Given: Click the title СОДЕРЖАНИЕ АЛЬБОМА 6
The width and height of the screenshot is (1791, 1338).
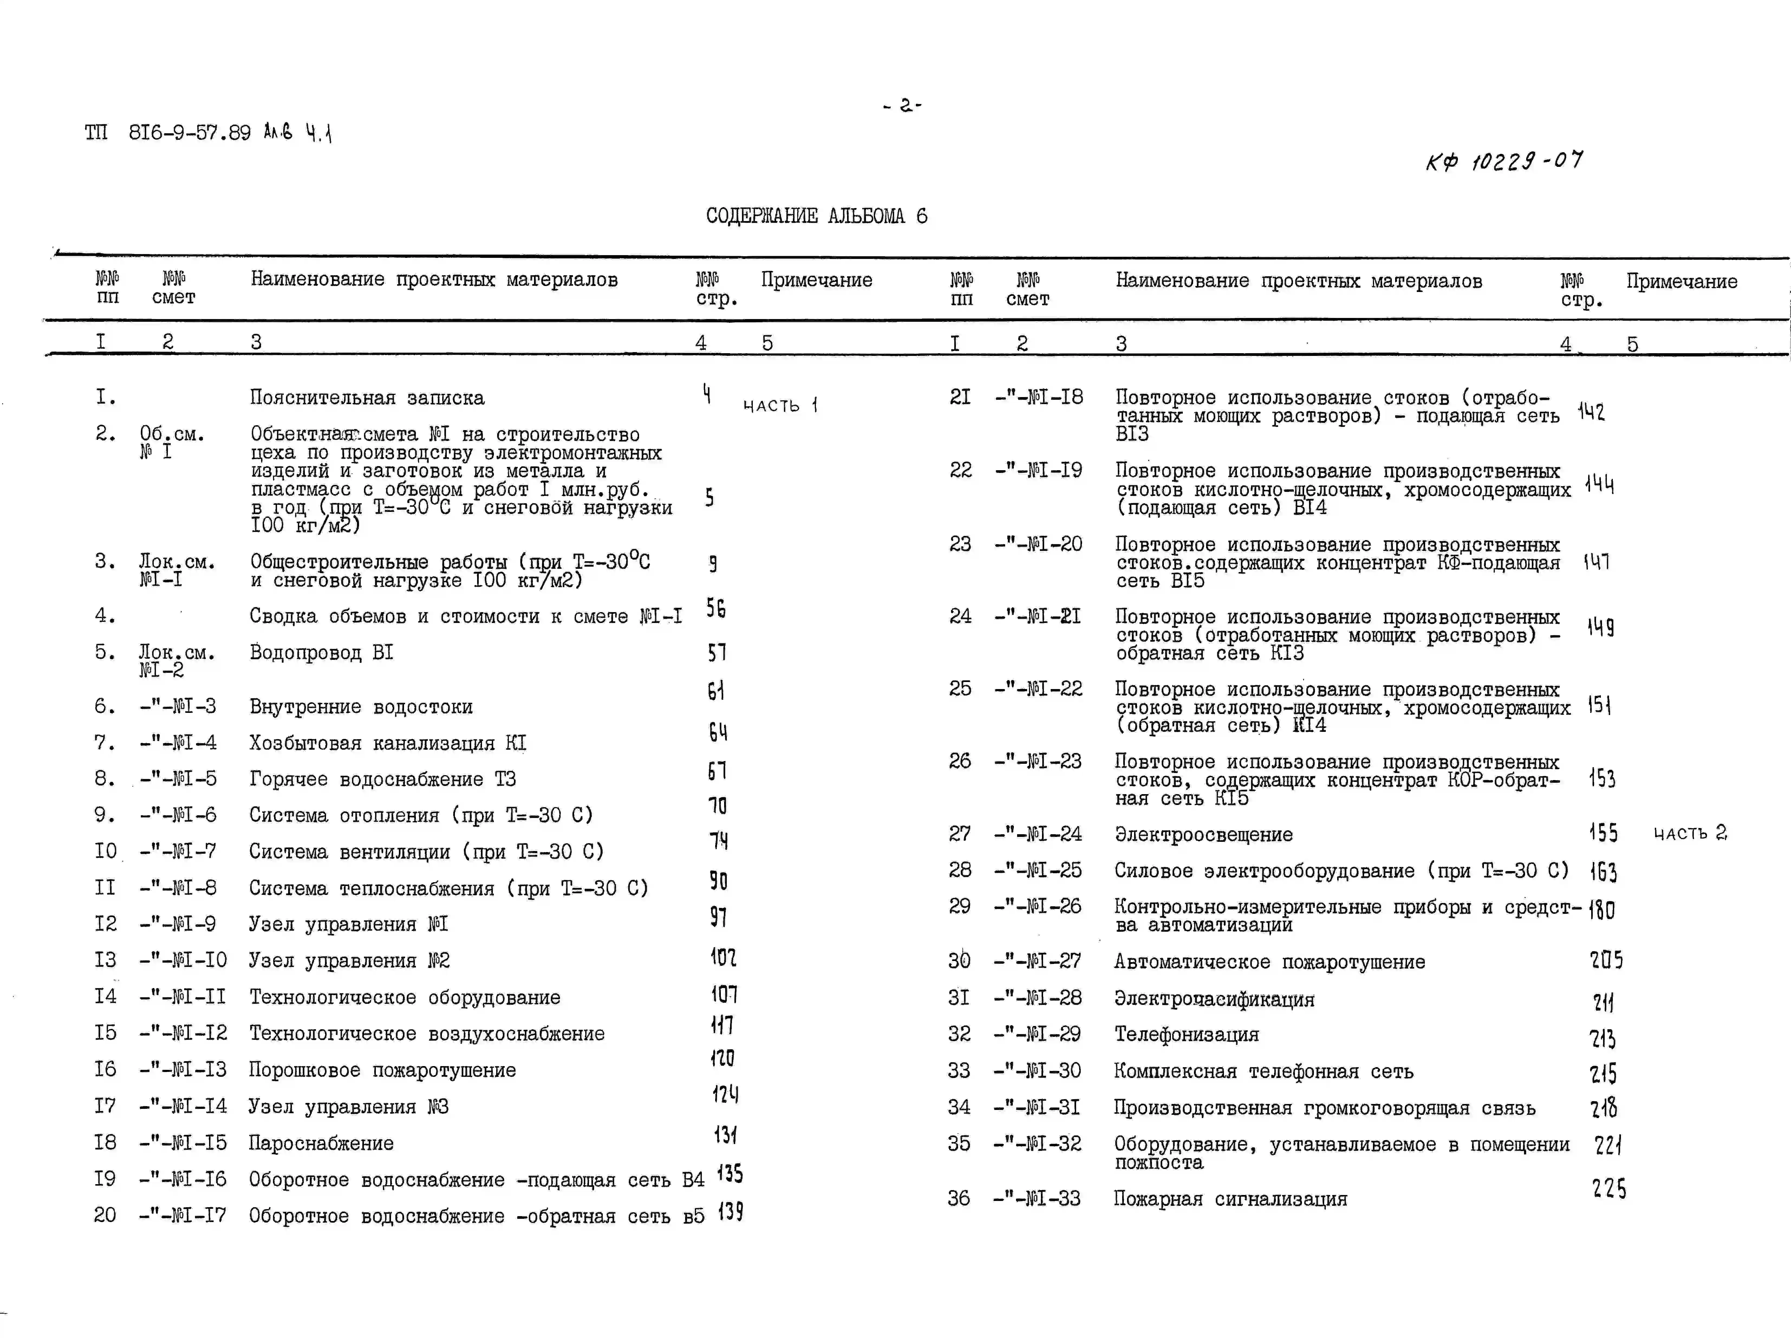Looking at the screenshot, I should (816, 216).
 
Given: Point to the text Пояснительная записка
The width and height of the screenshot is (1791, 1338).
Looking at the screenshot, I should (367, 398).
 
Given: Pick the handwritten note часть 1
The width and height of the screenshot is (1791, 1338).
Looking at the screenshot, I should (780, 405).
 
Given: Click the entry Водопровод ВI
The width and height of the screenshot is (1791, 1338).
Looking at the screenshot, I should (321, 653).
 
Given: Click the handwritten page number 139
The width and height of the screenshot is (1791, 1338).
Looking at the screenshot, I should (730, 1213).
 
